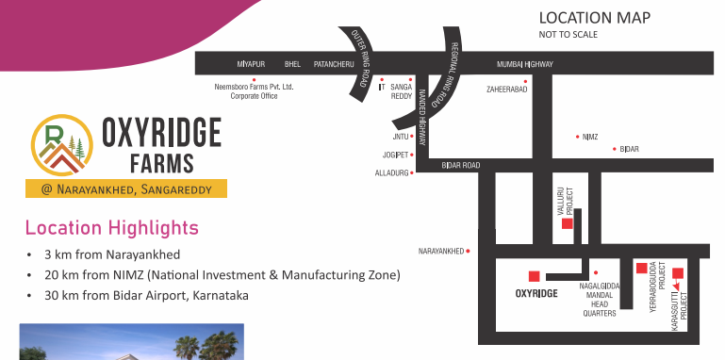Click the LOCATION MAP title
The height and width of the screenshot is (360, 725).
click(595, 18)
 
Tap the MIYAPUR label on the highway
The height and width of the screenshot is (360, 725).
click(251, 64)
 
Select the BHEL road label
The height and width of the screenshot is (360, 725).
click(292, 64)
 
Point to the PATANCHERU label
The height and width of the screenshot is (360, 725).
click(334, 64)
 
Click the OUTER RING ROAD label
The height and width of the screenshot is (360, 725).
click(359, 58)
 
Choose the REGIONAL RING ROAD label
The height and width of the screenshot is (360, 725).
click(447, 74)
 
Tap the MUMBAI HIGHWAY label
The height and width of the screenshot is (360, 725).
click(525, 64)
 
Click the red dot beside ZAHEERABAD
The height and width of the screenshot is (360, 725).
click(525, 81)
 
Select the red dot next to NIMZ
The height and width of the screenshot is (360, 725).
click(578, 137)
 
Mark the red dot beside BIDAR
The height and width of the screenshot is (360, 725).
click(615, 149)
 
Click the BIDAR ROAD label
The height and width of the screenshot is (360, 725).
click(460, 165)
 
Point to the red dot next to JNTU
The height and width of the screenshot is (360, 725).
click(411, 137)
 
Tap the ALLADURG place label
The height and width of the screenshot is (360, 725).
click(391, 172)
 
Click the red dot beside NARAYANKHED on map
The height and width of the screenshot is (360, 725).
click(468, 251)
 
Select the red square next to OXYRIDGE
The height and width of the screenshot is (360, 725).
click(534, 276)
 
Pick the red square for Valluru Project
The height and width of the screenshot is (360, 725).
click(568, 223)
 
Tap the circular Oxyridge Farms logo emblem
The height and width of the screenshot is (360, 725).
click(62, 145)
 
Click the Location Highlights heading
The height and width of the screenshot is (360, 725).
click(112, 228)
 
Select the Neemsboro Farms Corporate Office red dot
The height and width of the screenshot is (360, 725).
click(254, 80)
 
